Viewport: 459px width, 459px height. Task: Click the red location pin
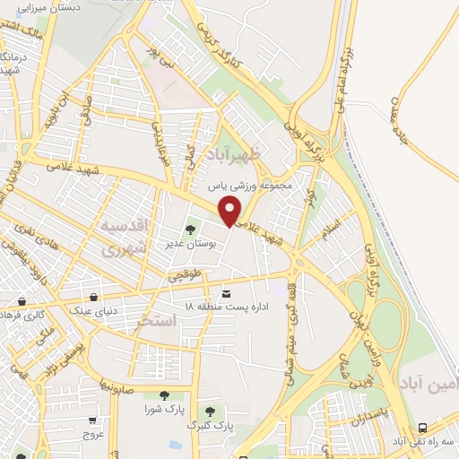click(x=230, y=210)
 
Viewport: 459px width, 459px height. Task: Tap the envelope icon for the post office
click(x=226, y=294)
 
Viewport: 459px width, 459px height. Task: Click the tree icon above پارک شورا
click(x=163, y=394)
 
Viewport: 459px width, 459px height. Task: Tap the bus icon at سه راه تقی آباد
click(x=422, y=428)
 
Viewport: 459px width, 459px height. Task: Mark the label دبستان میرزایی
click(x=48, y=7)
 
